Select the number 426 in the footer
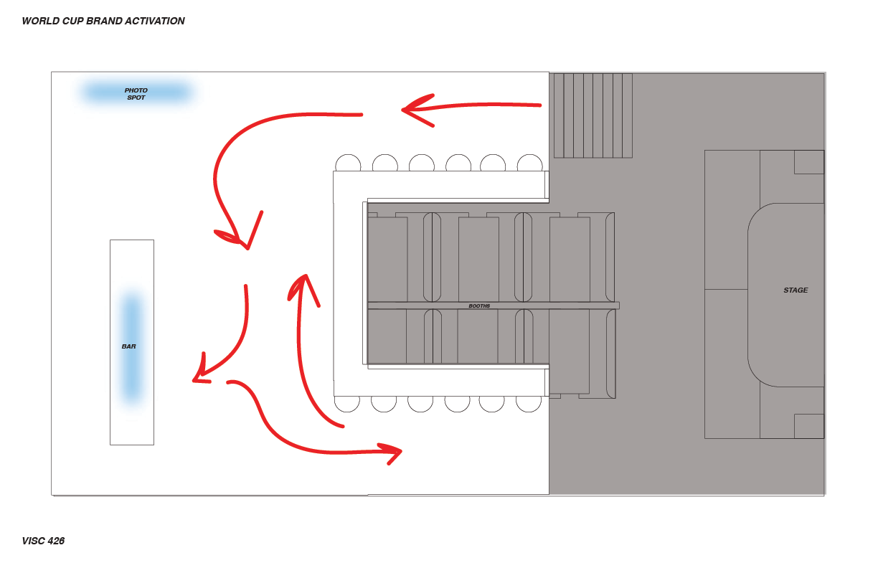56,541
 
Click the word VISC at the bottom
33,541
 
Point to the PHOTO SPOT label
136,94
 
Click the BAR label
129,346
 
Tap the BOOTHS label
479,306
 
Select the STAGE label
796,290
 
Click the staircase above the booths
593,115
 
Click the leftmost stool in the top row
348,163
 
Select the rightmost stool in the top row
529,163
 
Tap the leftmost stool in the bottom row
347,403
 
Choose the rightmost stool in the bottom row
529,403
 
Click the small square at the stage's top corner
808,162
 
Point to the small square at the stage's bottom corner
808,426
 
